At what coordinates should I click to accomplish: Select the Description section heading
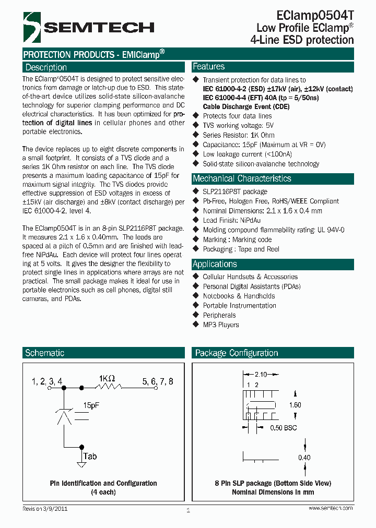pyautogui.click(x=46, y=67)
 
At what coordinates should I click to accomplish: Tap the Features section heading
pyautogui.click(x=209, y=67)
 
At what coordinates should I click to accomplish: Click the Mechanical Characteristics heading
pyautogui.click(x=242, y=178)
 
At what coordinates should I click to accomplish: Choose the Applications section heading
pyautogui.click(x=215, y=264)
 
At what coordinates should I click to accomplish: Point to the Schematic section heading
pyautogui.click(x=45, y=353)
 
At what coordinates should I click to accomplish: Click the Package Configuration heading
pyautogui.click(x=237, y=353)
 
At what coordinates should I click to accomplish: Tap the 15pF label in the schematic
pyautogui.click(x=92, y=404)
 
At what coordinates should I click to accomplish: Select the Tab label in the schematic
pyautogui.click(x=90, y=457)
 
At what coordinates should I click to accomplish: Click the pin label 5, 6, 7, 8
pyautogui.click(x=158, y=382)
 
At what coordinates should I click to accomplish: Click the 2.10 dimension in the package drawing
pyautogui.click(x=261, y=375)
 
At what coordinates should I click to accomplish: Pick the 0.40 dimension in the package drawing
pyautogui.click(x=305, y=458)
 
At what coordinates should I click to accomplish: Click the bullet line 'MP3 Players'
pyautogui.click(x=221, y=325)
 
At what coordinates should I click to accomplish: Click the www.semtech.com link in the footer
pyautogui.click(x=331, y=508)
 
